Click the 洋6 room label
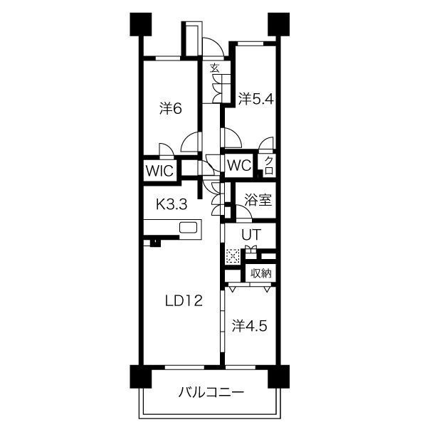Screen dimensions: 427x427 coord(171,109)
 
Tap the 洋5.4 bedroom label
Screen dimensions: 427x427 coord(255,99)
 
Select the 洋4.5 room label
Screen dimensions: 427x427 coord(250,326)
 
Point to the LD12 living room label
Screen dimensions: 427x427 coord(184,301)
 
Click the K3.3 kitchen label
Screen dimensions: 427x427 coord(172,204)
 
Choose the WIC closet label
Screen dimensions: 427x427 coord(159,171)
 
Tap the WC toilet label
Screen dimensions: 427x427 coord(239,165)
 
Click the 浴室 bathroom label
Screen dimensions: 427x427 coord(258,200)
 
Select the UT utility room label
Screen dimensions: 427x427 coord(252,235)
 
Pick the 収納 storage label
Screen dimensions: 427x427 coord(261,273)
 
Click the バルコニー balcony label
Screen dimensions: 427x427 coord(211,392)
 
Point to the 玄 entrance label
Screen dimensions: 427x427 coord(215,68)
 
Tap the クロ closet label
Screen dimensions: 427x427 coord(268,166)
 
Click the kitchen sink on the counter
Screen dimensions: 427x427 coord(188,228)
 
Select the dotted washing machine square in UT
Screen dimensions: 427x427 coord(233,256)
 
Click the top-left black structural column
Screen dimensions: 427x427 coord(141,24)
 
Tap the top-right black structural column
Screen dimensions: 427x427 coord(278,24)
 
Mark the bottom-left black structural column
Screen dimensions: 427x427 coord(141,376)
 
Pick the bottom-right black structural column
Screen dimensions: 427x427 coord(278,376)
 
